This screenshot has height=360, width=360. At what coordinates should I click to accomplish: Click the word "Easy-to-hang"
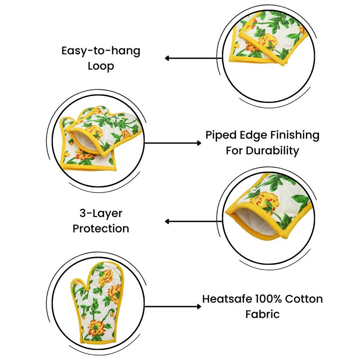pos(101,51)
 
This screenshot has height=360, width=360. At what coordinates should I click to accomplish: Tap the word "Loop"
pos(101,67)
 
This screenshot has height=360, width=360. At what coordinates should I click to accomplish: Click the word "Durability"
pos(273,151)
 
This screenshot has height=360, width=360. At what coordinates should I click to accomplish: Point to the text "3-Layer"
pos(101,214)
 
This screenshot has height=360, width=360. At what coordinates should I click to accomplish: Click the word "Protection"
pos(101,229)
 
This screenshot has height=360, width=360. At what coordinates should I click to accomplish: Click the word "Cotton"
pos(304,299)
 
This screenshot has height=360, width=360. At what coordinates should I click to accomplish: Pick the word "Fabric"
pos(262,314)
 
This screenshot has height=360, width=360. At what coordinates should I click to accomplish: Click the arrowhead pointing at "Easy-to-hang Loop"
pos(167,58)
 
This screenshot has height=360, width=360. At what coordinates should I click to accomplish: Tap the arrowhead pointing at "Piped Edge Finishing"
pos(199,143)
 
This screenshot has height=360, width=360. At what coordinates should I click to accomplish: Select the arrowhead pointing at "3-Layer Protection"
pos(167,221)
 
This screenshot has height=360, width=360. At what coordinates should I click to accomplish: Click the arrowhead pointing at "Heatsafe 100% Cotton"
pos(199,306)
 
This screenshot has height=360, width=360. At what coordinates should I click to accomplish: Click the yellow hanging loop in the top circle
pos(236,45)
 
